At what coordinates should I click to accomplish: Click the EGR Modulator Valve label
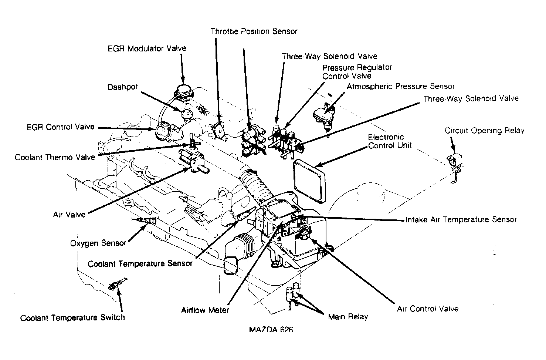(x=147, y=48)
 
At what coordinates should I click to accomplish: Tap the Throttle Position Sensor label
(x=254, y=31)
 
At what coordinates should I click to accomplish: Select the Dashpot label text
(x=123, y=87)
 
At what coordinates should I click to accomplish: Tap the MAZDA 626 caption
(x=271, y=330)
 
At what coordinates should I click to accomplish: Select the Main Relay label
(x=348, y=317)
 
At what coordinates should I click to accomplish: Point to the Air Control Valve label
(x=428, y=309)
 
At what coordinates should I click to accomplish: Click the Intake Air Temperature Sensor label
(x=461, y=220)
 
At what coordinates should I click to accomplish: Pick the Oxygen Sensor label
(x=98, y=243)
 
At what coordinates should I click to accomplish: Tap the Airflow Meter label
(x=205, y=310)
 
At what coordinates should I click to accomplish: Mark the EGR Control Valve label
(x=61, y=127)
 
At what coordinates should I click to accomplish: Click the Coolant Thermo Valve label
(x=55, y=157)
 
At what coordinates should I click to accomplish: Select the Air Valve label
(x=69, y=215)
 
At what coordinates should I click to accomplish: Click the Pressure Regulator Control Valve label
(x=357, y=72)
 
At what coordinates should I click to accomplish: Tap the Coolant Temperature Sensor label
(x=140, y=264)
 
